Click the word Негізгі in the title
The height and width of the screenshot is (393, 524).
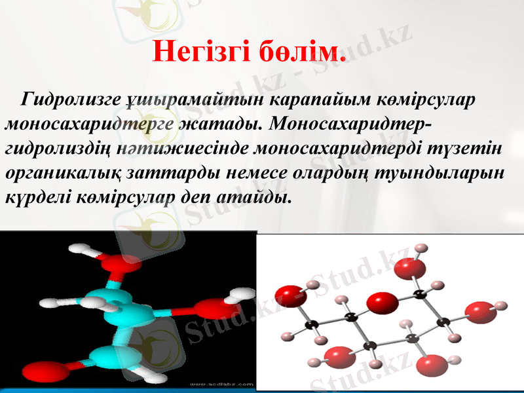coord(200,50)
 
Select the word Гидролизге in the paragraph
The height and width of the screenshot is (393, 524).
coord(71,100)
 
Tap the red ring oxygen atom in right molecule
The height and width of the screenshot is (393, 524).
coord(382,303)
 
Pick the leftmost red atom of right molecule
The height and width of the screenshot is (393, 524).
coord(286,296)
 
